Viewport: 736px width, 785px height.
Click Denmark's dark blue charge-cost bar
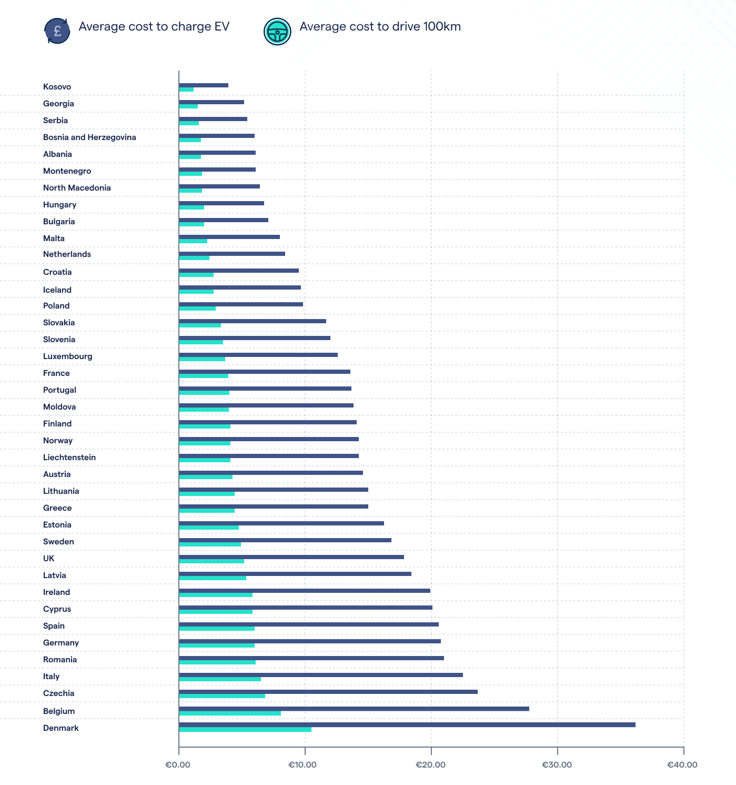[x=407, y=725]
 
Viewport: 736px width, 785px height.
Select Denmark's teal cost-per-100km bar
[x=245, y=730]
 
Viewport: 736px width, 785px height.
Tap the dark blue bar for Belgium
[x=354, y=709]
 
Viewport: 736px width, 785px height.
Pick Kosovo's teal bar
[x=186, y=90]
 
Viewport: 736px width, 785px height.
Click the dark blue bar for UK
[x=291, y=557]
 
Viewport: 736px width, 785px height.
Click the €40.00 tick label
[x=682, y=764]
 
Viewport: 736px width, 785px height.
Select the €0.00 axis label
[x=178, y=764]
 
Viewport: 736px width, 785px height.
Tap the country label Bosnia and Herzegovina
[x=89, y=137]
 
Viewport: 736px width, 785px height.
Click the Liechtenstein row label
[x=69, y=458]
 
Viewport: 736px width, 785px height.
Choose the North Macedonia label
[x=77, y=188]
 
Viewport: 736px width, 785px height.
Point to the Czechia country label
[x=58, y=693]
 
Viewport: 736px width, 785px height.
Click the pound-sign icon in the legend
[x=57, y=31]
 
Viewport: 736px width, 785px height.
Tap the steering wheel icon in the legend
[x=277, y=32]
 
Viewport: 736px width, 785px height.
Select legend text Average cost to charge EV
[x=154, y=27]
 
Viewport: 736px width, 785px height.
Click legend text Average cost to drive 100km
[x=380, y=27]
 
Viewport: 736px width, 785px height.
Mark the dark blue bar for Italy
[x=321, y=675]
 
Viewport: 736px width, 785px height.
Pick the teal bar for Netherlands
[x=194, y=258]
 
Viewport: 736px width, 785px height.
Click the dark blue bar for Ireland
[x=305, y=591]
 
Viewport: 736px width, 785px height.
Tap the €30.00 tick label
[x=557, y=764]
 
